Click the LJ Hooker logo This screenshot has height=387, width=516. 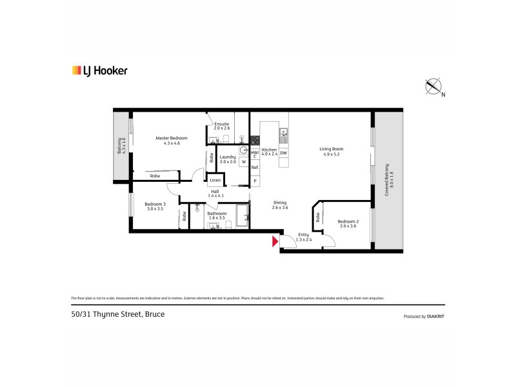pyautogui.click(x=99, y=71)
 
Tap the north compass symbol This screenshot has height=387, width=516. pyautogui.click(x=433, y=86)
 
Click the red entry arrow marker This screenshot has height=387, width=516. pyautogui.click(x=275, y=242)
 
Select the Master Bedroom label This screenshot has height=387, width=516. pyautogui.click(x=172, y=138)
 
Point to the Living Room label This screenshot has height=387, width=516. pyautogui.click(x=329, y=150)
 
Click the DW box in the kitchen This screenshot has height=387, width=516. pyautogui.click(x=283, y=153)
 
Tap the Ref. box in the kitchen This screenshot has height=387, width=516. pyautogui.click(x=255, y=168)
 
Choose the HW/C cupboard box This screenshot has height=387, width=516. pyautogui.click(x=255, y=154)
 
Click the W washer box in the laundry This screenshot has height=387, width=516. pyautogui.click(x=243, y=162)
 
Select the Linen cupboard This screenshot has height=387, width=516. pyautogui.click(x=214, y=181)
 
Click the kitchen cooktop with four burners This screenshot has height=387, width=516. pyautogui.click(x=255, y=140)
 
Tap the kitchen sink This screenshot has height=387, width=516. pyautogui.click(x=283, y=136)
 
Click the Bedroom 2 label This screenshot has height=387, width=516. pyautogui.click(x=348, y=222)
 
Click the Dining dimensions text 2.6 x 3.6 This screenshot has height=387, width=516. pyautogui.click(x=279, y=207)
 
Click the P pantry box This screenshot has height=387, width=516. pyautogui.click(x=255, y=181)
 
